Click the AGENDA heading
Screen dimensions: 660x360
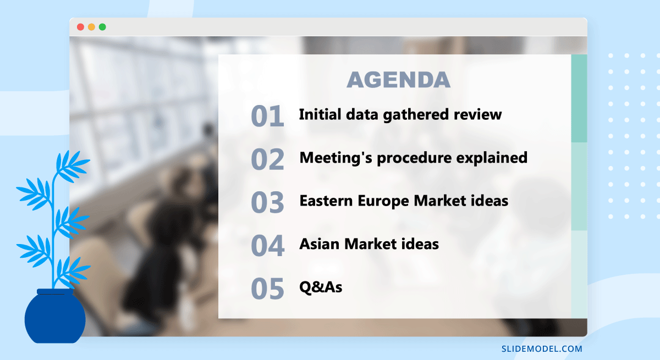click(398, 80)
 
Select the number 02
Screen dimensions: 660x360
click(267, 159)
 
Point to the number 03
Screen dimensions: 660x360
click(267, 202)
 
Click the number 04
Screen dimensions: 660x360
click(267, 246)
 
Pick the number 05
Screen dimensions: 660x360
click(267, 289)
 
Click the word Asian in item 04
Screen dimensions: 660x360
click(320, 244)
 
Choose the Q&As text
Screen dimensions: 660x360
click(321, 287)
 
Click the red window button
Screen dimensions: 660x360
click(80, 27)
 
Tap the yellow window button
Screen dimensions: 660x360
click(91, 27)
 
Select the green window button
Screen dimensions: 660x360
click(102, 27)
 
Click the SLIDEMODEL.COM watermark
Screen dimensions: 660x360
click(542, 349)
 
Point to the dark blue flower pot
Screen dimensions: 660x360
click(55, 316)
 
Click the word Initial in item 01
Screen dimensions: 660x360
click(320, 114)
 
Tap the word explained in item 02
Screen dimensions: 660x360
click(492, 158)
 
